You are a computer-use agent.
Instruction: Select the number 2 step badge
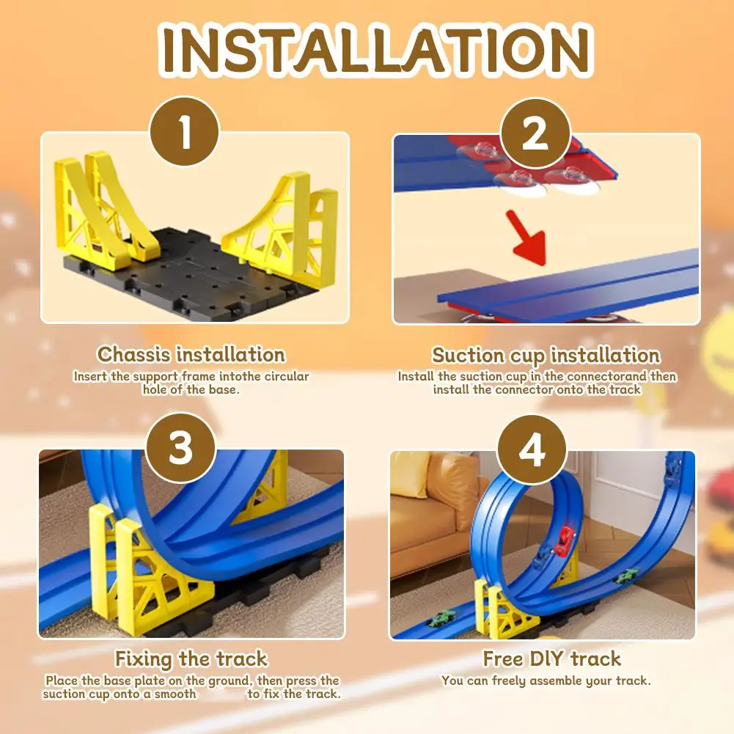(x=535, y=134)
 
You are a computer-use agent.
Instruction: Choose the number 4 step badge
(x=532, y=449)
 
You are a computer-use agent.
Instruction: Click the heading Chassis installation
(x=191, y=355)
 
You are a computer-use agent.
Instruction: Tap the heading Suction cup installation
(x=546, y=356)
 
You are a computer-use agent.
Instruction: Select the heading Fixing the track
(x=191, y=658)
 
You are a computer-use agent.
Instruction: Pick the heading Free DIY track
(x=551, y=658)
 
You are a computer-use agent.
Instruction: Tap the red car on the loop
(x=565, y=541)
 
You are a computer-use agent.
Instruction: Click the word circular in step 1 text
(x=282, y=376)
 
